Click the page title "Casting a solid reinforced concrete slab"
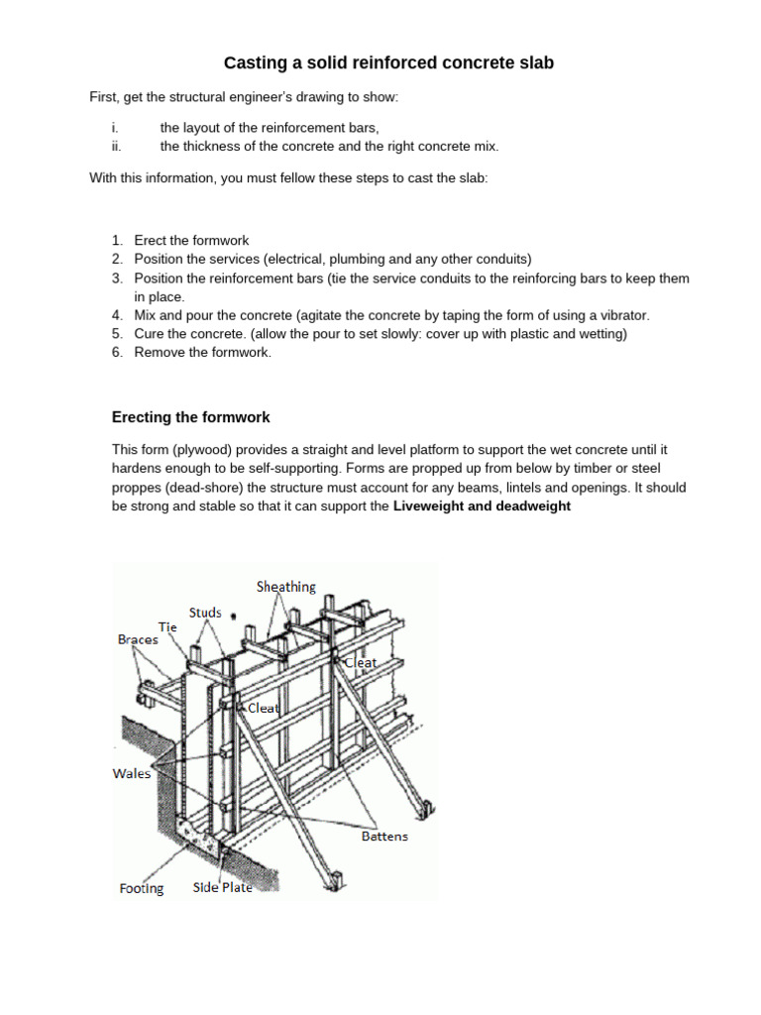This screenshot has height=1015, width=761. (388, 63)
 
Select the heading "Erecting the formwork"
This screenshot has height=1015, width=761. (191, 417)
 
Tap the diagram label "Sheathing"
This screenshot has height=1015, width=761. (285, 587)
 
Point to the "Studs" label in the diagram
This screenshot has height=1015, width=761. (205, 613)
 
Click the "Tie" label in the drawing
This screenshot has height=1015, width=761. (167, 626)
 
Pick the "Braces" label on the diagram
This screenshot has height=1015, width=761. (138, 640)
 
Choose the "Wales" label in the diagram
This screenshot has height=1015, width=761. (132, 773)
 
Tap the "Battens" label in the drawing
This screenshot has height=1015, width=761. (383, 837)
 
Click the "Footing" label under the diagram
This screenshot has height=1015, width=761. (142, 889)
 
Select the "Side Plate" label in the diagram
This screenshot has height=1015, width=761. (222, 888)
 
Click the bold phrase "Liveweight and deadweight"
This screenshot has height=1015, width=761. (483, 506)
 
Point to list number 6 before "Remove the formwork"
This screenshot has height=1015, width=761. (117, 353)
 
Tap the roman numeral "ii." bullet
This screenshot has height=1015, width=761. (116, 147)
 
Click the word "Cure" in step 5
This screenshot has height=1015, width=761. (149, 334)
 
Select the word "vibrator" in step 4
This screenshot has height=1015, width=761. (624, 315)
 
